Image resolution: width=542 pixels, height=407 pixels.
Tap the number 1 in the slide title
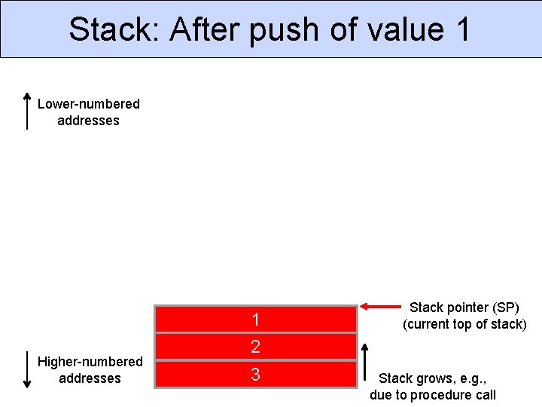(462, 29)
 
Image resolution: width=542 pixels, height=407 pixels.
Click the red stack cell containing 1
(255, 320)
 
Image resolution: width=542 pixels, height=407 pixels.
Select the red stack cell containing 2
(255, 347)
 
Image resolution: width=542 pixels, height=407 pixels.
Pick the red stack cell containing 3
(255, 374)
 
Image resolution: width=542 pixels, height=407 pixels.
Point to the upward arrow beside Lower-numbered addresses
(27, 112)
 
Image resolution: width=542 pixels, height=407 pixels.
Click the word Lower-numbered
(89, 104)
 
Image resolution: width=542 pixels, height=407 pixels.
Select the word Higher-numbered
(90, 362)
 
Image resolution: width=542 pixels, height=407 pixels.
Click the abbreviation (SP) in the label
(505, 308)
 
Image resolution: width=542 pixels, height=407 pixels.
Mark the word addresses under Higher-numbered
(90, 378)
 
